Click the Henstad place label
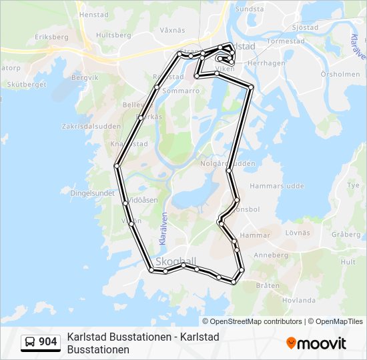point(93,14)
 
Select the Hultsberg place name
point(113,35)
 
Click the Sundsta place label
point(250,9)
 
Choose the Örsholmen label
point(340,75)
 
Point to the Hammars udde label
point(272,186)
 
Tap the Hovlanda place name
point(298,300)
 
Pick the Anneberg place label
point(271,255)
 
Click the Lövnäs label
point(298,233)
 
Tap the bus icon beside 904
point(31,342)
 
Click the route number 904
point(48,342)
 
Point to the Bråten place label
point(268,285)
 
